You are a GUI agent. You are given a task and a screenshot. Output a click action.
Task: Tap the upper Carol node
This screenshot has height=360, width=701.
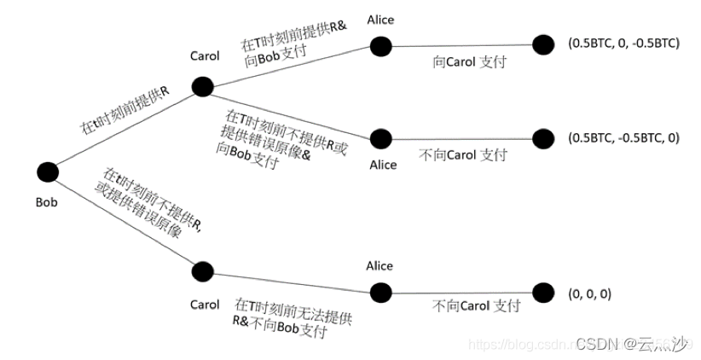(x=202, y=86)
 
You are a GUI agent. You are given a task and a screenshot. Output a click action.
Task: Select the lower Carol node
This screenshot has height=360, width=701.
(x=202, y=272)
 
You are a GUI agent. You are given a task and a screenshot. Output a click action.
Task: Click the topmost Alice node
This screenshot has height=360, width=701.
(x=380, y=46)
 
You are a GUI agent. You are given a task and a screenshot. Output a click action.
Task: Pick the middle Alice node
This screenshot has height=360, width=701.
(x=380, y=137)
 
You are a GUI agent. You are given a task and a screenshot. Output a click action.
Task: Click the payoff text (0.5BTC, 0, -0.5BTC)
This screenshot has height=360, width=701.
(x=623, y=43)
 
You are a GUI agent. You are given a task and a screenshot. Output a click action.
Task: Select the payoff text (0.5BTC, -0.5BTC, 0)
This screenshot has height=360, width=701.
(x=623, y=137)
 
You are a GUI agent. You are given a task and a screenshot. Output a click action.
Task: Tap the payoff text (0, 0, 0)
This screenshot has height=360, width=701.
(x=589, y=293)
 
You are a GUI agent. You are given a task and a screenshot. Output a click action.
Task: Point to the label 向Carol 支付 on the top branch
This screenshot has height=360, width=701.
(x=461, y=62)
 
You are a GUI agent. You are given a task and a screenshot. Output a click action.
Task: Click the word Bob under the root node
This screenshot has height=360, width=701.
(x=48, y=202)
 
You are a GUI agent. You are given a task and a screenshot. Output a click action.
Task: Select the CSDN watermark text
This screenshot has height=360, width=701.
(x=631, y=343)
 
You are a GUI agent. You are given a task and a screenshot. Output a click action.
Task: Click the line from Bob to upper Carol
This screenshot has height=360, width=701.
(x=128, y=127)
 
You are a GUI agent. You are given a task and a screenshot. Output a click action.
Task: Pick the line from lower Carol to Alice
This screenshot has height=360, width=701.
(x=290, y=282)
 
